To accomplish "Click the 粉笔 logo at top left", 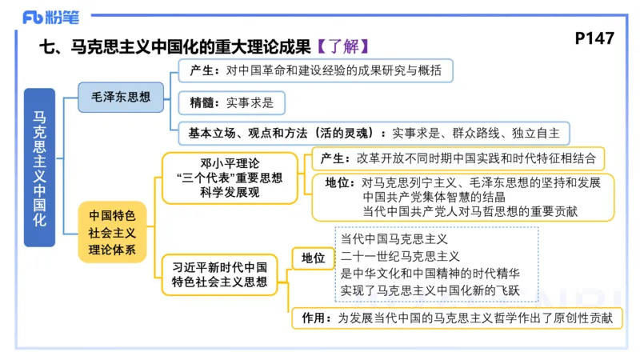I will (46, 16).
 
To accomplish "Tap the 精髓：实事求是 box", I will (231, 102).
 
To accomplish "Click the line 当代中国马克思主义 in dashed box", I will (394, 239).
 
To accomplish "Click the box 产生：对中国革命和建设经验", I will (315, 70).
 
